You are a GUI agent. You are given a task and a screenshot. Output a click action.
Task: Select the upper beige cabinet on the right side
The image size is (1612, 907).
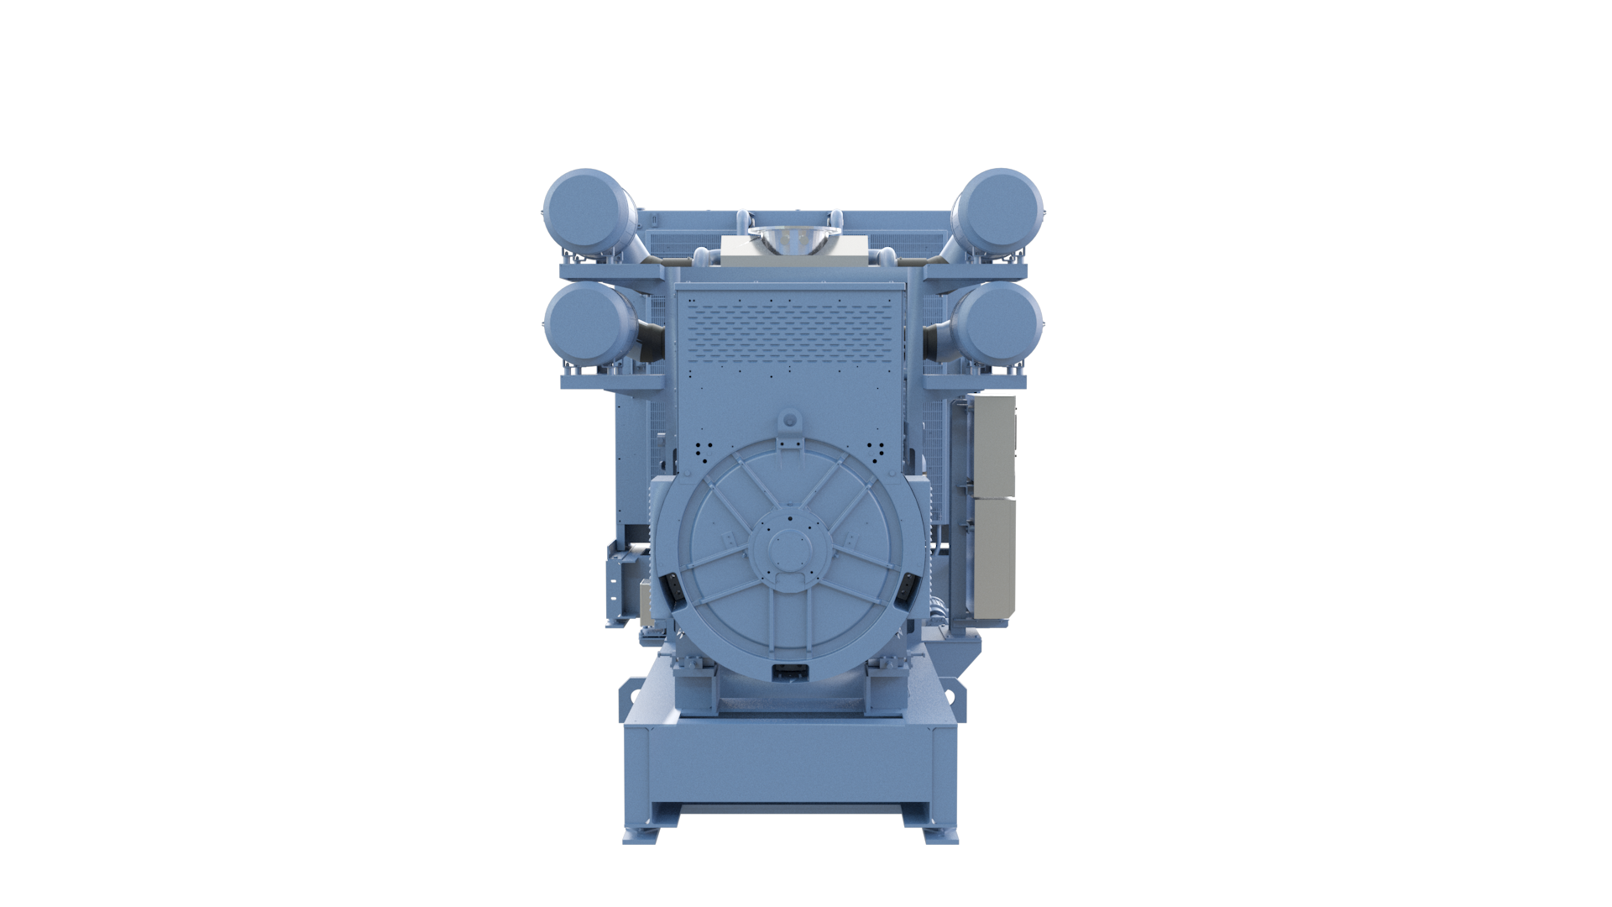click(x=991, y=445)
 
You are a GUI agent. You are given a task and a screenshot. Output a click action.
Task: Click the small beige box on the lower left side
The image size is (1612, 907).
click(x=646, y=601)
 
